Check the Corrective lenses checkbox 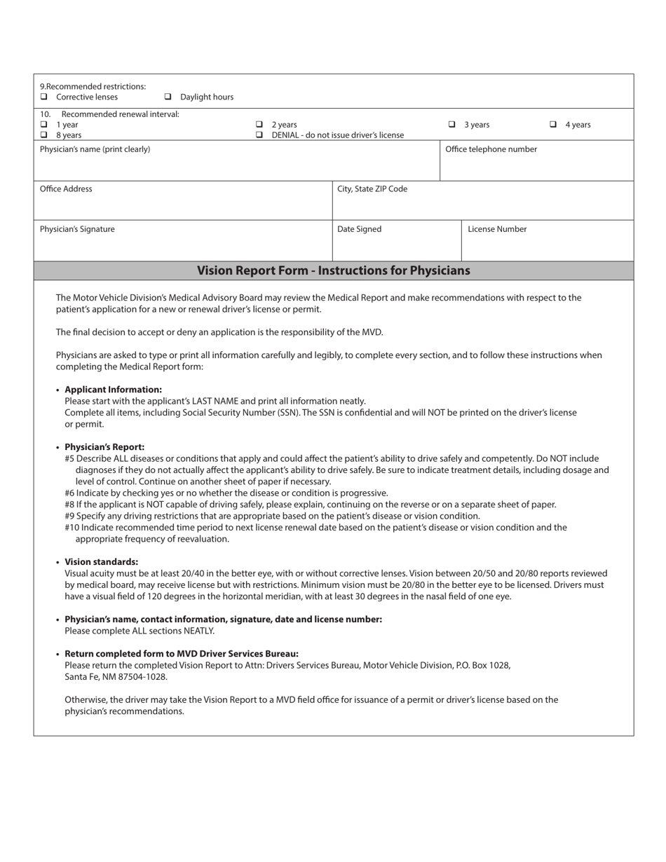point(43,97)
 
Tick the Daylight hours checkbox point(168,97)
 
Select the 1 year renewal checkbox point(43,124)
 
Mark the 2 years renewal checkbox point(259,124)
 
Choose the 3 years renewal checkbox point(451,124)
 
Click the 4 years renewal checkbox point(553,124)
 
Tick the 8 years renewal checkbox point(43,135)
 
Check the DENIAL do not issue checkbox point(259,135)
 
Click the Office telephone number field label point(491,149)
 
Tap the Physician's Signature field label point(77,229)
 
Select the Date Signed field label point(359,229)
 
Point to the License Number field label point(497,229)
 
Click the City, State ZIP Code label point(372,189)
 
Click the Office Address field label point(66,189)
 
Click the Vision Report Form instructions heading point(333,271)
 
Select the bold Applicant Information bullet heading point(113,390)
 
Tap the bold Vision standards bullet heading point(101,562)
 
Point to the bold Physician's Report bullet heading point(104,447)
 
